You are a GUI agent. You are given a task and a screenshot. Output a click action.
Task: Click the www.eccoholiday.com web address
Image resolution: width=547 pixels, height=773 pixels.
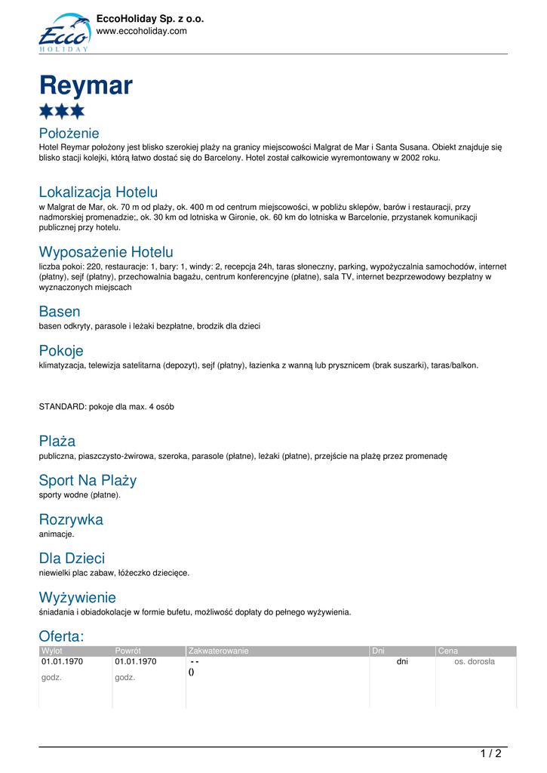click(x=141, y=31)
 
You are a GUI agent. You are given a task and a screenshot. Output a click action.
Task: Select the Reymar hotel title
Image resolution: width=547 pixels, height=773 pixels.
click(x=86, y=85)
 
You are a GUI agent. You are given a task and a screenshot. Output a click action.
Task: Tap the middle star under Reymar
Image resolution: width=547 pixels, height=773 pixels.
click(x=62, y=112)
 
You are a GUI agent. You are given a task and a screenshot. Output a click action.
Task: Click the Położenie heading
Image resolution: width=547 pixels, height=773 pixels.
click(x=69, y=134)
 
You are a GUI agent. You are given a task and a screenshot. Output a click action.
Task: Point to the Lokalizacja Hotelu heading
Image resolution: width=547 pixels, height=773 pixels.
click(x=98, y=192)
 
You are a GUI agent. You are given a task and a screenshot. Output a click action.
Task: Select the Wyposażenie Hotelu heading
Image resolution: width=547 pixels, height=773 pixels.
click(x=106, y=251)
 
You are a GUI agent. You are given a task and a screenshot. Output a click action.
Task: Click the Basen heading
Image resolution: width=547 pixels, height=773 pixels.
click(x=60, y=311)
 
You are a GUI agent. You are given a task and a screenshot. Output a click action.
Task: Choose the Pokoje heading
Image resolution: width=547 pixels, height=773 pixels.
click(x=61, y=350)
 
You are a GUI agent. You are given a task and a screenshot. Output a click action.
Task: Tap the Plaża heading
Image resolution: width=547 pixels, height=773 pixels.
click(x=57, y=441)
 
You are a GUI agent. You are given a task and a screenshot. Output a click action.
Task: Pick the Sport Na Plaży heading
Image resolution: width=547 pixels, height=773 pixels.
click(x=88, y=480)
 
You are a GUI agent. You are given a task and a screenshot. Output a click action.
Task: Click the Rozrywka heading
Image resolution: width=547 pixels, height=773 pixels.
click(x=71, y=519)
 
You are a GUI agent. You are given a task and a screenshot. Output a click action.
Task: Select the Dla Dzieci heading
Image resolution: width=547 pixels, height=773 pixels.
click(x=72, y=558)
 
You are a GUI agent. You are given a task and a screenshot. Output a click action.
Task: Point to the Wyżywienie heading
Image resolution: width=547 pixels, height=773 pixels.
click(x=77, y=597)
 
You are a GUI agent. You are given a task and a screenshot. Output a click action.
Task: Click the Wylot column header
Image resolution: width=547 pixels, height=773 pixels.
click(x=52, y=651)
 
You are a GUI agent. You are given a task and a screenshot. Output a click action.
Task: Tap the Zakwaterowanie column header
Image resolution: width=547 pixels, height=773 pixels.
click(x=219, y=651)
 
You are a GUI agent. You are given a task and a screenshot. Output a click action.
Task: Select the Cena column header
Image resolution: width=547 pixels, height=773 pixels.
click(x=448, y=651)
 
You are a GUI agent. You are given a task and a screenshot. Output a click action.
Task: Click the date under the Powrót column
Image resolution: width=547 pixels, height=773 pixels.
click(x=136, y=662)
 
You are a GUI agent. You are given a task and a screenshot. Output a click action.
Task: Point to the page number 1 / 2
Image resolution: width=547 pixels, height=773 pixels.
click(x=490, y=753)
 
